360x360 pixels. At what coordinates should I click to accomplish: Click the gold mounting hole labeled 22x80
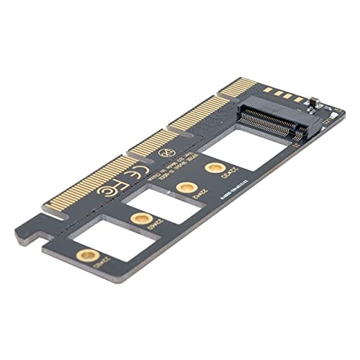coord(88,253)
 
